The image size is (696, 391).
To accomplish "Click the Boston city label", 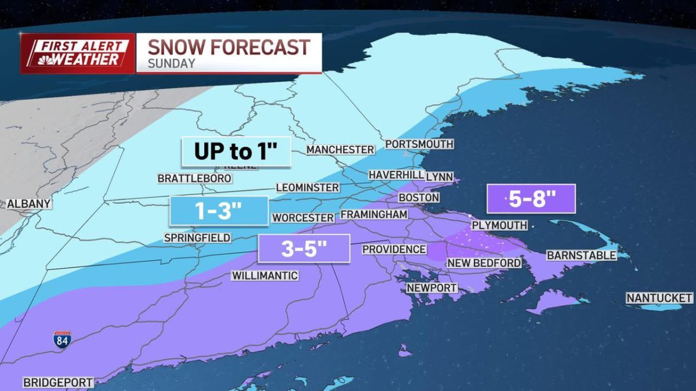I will pyautogui.click(x=418, y=198).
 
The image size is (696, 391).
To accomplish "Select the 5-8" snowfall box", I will pyautogui.click(x=531, y=199).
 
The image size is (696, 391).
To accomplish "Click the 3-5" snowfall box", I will pyautogui.click(x=304, y=249).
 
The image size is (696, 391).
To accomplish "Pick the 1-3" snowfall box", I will pyautogui.click(x=219, y=211).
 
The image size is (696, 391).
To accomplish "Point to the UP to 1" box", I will pyautogui.click(x=235, y=151).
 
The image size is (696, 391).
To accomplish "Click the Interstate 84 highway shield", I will pyautogui.click(x=62, y=340).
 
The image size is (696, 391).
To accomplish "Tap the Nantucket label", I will pyautogui.click(x=659, y=298).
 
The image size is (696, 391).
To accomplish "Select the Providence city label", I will pyautogui.click(x=394, y=249).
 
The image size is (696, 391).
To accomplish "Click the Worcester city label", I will pyautogui.click(x=303, y=218).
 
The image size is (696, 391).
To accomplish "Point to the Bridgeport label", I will pyautogui.click(x=57, y=382).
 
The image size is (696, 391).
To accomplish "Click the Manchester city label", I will pyautogui.click(x=340, y=149).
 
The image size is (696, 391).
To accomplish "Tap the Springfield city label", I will pyautogui.click(x=197, y=237).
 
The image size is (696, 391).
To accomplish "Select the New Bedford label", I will pyautogui.click(x=484, y=263).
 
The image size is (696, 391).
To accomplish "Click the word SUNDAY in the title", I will pyautogui.click(x=171, y=64).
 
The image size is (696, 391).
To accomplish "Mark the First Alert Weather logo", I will pyautogui.click(x=78, y=53).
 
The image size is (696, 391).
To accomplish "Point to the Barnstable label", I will pyautogui.click(x=581, y=255).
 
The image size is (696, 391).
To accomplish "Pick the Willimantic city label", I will pyautogui.click(x=264, y=276).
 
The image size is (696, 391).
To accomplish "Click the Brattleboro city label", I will pyautogui.click(x=194, y=179).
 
